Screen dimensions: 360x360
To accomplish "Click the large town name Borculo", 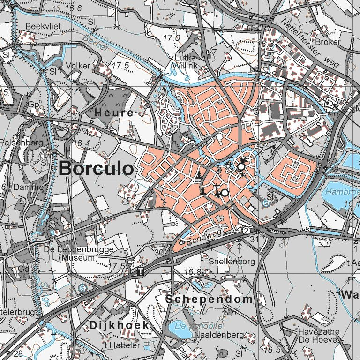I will coord(96,168).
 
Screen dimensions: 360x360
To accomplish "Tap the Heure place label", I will coord(114,113).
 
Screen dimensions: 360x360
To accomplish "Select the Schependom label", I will coord(209,299).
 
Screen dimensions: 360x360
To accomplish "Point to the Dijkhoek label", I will coord(119,325).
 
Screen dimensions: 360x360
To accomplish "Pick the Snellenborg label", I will coord(231,261).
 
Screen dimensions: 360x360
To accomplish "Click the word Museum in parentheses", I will coord(78,258).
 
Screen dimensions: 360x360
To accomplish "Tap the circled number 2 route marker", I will coord(246,231).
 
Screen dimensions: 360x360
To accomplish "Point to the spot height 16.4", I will coord(82,142).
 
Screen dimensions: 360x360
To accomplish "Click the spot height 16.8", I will coord(192,272).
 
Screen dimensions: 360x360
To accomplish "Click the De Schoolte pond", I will coord(179,330).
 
